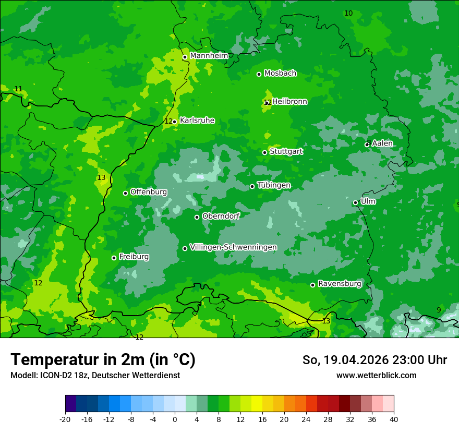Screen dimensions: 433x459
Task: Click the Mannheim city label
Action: pos(209,56)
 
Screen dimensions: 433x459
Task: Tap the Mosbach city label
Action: pos(280,74)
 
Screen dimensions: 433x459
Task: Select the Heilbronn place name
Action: pos(289,102)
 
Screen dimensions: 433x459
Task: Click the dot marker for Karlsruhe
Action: pos(174,122)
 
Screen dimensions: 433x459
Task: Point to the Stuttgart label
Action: pos(286,152)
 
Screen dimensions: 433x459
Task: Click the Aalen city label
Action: pos(382,143)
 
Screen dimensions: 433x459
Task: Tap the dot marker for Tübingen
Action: pos(252,186)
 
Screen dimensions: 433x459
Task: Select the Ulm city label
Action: pos(368,201)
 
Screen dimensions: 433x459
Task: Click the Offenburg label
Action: pos(149,192)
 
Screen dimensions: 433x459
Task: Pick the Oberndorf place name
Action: pos(221,216)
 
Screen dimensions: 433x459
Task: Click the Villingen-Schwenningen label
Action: pos(233,247)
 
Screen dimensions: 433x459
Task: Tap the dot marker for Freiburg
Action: pos(114,258)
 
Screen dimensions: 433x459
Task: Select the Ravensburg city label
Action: pos(340,284)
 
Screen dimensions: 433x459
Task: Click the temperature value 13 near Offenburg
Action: pos(101,178)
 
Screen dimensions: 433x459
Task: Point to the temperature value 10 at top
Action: pos(348,13)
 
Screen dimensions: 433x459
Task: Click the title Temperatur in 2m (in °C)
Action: pos(103,360)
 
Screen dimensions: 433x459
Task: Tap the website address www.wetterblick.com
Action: pos(376,375)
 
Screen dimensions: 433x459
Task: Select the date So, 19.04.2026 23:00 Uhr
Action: pos(375,360)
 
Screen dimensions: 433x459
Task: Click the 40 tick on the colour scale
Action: pos(393,419)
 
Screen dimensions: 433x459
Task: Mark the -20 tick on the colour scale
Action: pos(65,419)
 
